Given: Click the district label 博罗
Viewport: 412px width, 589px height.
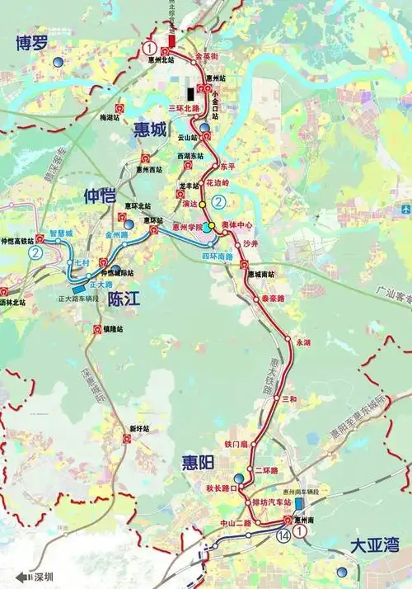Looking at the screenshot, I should [x=30, y=44].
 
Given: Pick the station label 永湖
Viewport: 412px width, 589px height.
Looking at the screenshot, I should [x=302, y=341].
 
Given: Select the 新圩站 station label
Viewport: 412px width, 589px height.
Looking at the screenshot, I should [x=142, y=429].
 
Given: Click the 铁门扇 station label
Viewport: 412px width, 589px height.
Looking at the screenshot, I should [x=236, y=445].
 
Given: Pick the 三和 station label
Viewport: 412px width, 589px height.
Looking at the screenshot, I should [x=288, y=398].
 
